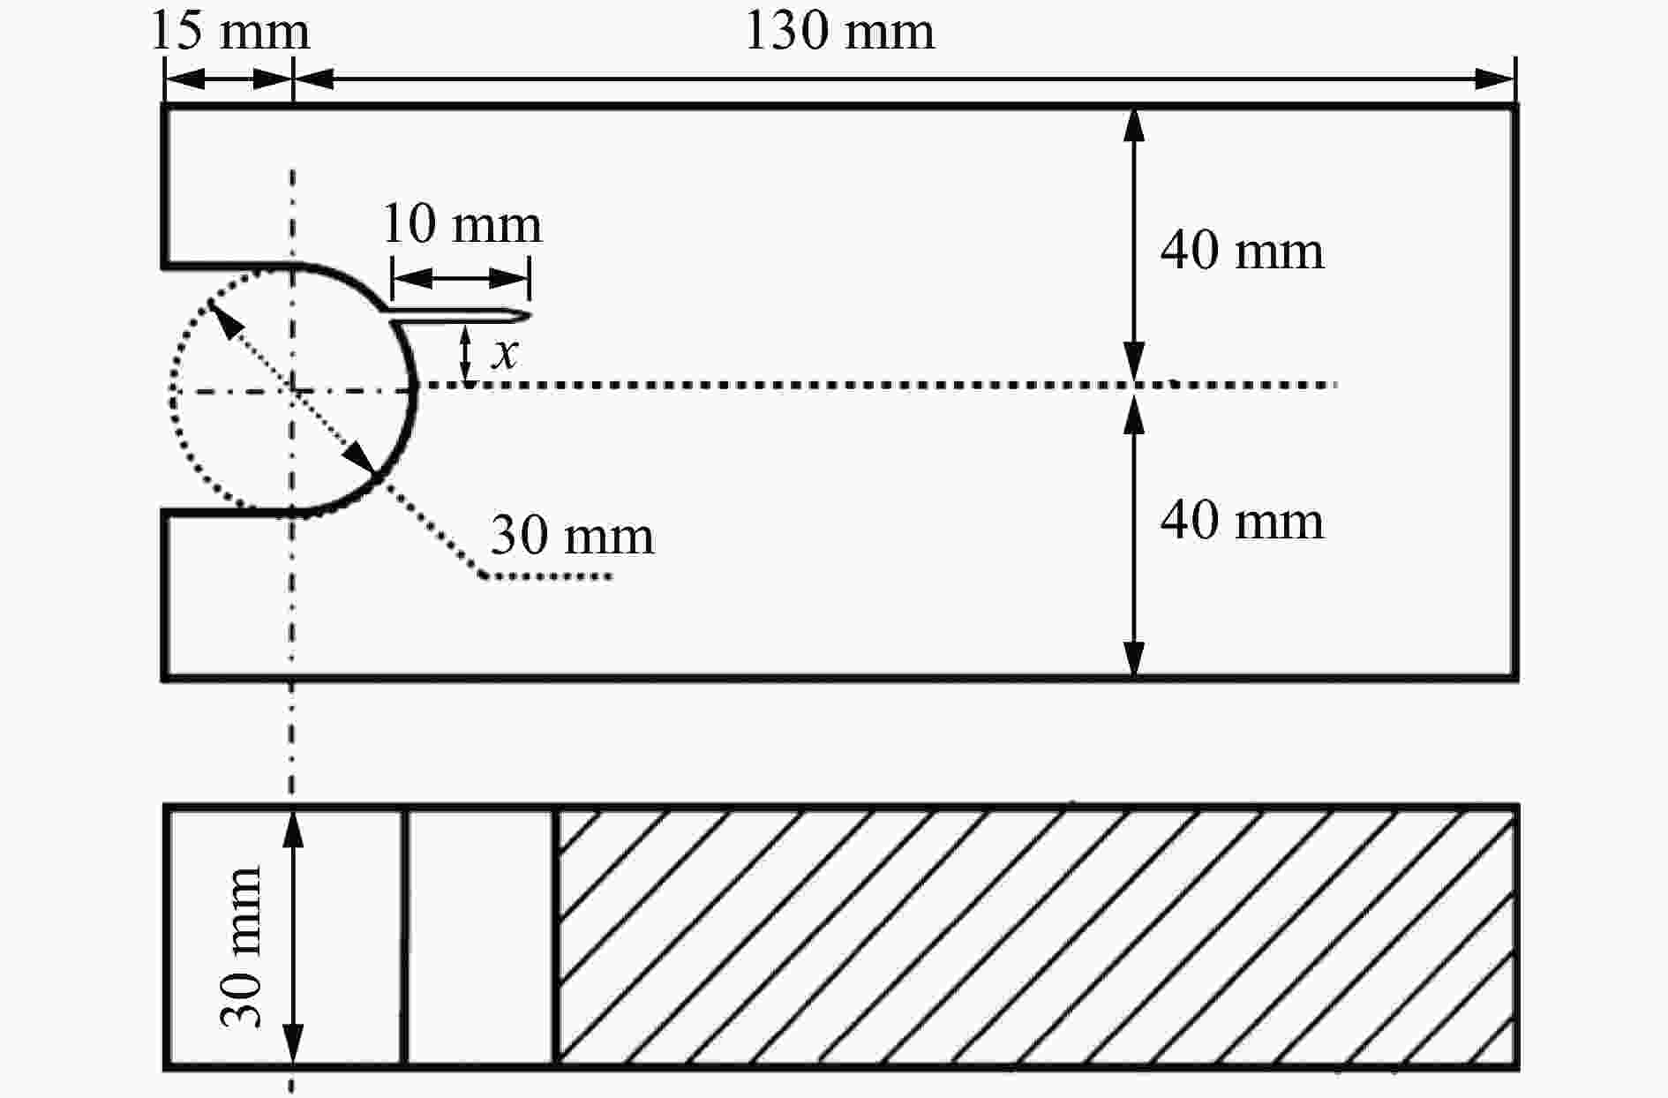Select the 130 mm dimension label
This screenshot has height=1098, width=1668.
pyautogui.click(x=840, y=32)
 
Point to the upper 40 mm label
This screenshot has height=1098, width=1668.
pyautogui.click(x=1242, y=251)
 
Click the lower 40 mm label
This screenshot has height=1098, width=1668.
pyautogui.click(x=1242, y=521)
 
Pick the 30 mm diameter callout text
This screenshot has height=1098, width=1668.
pyautogui.click(x=573, y=536)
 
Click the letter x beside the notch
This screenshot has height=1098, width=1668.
pyautogui.click(x=505, y=353)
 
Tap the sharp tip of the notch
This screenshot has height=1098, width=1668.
pyautogui.click(x=530, y=316)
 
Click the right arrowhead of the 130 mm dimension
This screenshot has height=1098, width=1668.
pyautogui.click(x=1496, y=78)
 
